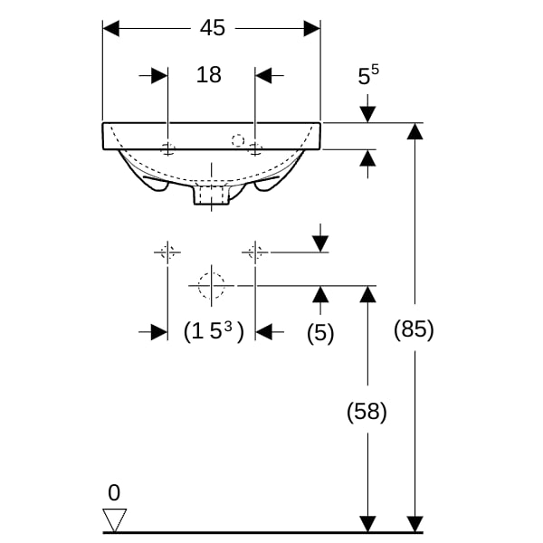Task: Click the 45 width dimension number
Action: pos(213,28)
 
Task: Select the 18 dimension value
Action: pos(208,74)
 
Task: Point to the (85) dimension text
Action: pos(414,329)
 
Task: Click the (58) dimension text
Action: pos(367,412)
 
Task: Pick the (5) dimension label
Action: pos(320,333)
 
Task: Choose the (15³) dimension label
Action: pos(214,331)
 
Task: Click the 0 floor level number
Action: pos(114,492)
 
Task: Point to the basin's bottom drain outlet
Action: pos(212,195)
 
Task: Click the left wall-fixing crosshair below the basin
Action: pos(167,252)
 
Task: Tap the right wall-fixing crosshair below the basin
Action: pos(255,252)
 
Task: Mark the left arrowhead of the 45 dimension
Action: pos(110,28)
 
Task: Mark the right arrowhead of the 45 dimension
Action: pos(312,28)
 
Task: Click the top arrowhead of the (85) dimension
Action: pos(414,131)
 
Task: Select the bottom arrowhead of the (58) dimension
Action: pos(367,524)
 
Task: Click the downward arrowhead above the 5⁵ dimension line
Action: pos(367,115)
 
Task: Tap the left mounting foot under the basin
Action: pos(157,186)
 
